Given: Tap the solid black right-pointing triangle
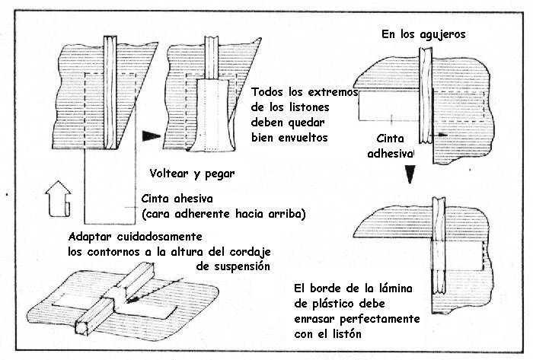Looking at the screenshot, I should coord(152,135).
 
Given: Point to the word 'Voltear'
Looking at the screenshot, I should coord(171,174).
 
